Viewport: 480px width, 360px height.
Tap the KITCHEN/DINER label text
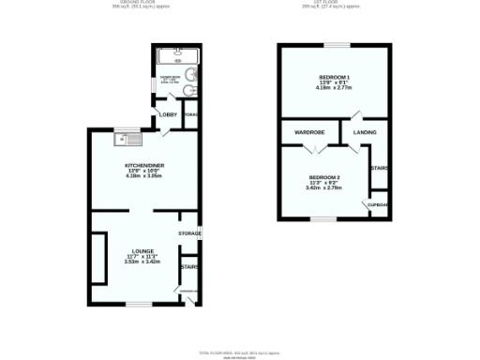[144, 166]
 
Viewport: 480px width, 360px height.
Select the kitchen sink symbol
[126, 140]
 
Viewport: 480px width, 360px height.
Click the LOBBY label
[168, 114]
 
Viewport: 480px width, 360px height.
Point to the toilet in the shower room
[188, 91]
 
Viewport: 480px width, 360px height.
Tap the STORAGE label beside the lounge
[189, 232]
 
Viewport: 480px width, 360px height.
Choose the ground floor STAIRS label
[188, 266]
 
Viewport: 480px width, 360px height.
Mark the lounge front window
[140, 304]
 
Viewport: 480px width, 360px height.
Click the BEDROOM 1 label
[334, 76]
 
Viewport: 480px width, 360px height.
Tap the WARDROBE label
[309, 132]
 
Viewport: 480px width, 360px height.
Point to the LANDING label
[365, 132]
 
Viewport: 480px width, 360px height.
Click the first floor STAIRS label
[380, 168]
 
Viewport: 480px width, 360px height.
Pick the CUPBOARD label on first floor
[379, 204]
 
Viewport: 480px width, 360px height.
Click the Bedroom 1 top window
[335, 44]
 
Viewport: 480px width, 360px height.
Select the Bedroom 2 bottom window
[322, 219]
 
